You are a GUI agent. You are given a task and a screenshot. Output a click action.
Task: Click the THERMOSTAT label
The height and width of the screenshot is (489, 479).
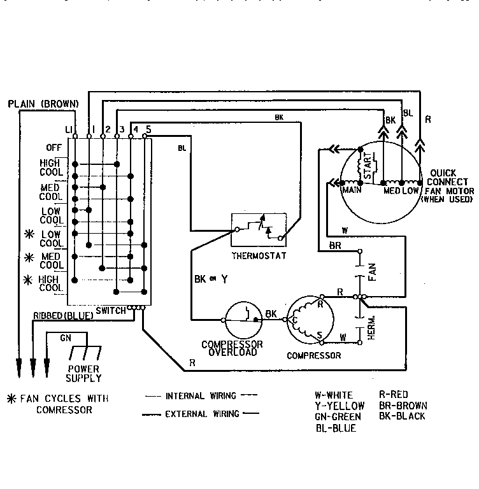(x=259, y=256)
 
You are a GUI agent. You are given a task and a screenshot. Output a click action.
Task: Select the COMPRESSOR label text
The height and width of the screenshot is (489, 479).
(x=313, y=355)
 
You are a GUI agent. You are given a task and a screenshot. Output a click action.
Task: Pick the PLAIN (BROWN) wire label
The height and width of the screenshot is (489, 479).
(x=43, y=104)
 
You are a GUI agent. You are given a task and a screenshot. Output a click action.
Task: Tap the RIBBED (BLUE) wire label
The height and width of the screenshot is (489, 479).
(x=63, y=315)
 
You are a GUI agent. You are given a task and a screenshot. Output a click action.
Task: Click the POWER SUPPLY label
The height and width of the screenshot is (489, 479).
(x=84, y=373)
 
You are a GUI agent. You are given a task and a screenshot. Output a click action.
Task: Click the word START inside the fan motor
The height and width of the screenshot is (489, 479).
(x=367, y=166)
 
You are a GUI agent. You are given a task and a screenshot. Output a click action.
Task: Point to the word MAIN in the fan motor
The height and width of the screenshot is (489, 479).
(x=352, y=190)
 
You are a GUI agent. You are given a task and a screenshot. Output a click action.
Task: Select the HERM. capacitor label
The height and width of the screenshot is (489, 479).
(x=372, y=327)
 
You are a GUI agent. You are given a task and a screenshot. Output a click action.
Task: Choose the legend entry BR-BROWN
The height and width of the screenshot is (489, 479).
(x=403, y=406)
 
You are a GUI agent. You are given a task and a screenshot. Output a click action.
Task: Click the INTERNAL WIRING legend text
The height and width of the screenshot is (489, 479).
(x=200, y=395)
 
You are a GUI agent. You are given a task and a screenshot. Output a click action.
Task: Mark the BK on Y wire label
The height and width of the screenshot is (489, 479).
(x=211, y=278)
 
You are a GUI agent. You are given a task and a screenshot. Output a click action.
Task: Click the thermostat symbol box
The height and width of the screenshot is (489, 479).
(x=259, y=230)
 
